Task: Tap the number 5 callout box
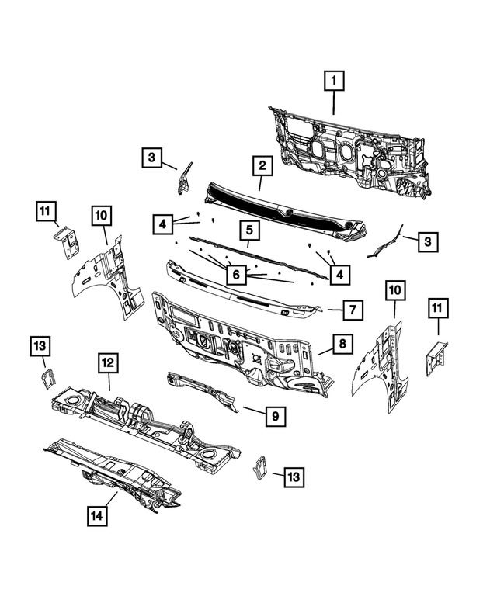coord(249,230)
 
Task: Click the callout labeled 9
coord(274,417)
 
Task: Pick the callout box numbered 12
coord(109,362)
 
